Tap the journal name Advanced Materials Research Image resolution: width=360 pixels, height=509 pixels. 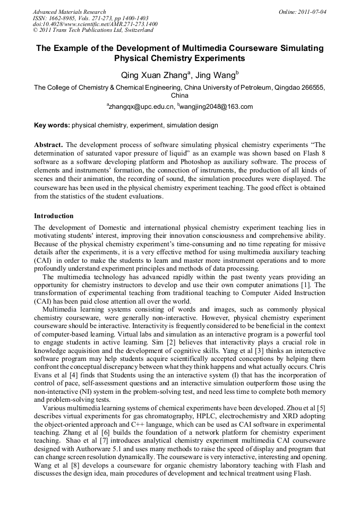tap(69, 11)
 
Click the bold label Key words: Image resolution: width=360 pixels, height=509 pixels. tap(52, 125)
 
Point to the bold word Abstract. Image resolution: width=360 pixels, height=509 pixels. tap(48, 144)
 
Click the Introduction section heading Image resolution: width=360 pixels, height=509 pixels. tap(54, 216)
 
